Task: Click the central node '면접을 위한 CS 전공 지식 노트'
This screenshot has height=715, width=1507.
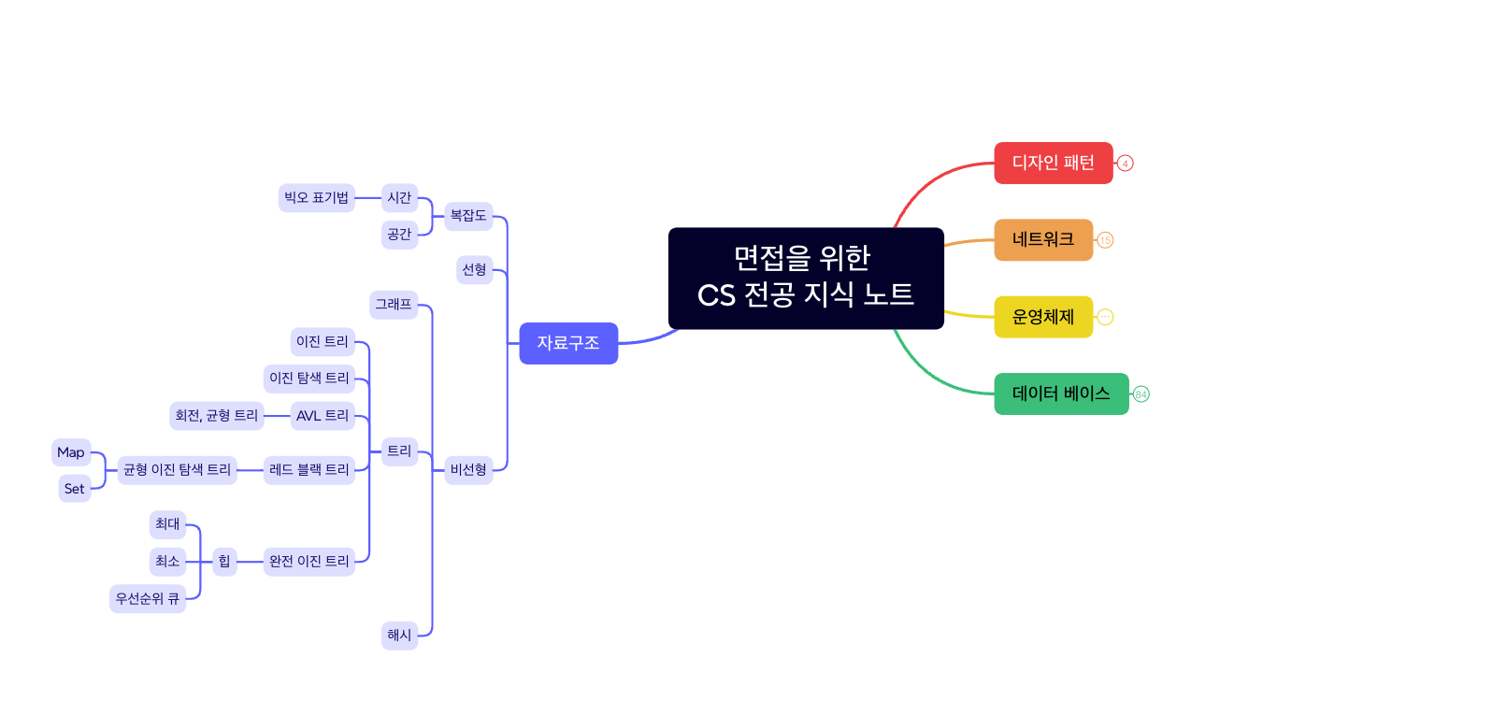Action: (x=805, y=278)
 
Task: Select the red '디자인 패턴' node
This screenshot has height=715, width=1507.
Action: (x=1053, y=163)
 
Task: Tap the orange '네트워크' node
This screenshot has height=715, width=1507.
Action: (x=1042, y=239)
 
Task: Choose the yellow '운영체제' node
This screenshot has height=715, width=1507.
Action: (x=1042, y=317)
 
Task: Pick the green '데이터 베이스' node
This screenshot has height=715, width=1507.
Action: (x=1060, y=393)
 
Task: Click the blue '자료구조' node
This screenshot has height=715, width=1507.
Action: (x=567, y=343)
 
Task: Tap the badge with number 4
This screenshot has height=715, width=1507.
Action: (x=1126, y=164)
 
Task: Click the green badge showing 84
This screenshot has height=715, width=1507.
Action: (x=1141, y=394)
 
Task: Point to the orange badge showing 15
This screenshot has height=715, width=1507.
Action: (x=1105, y=240)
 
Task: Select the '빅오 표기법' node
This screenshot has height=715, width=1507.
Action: (x=316, y=198)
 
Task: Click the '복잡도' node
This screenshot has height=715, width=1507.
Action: (x=468, y=216)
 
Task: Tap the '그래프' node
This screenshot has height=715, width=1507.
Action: (x=394, y=305)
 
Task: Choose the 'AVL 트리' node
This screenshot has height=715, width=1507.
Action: (x=322, y=416)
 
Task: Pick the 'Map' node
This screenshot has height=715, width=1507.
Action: (x=71, y=452)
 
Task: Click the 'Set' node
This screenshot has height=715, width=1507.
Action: (x=75, y=489)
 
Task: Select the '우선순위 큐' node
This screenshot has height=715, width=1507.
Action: (x=148, y=599)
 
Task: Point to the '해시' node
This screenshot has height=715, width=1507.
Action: (x=399, y=636)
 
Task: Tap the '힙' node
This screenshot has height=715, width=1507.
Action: (x=224, y=562)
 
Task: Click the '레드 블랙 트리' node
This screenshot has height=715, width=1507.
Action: (x=309, y=470)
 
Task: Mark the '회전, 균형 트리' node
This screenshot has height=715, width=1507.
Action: (x=217, y=416)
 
